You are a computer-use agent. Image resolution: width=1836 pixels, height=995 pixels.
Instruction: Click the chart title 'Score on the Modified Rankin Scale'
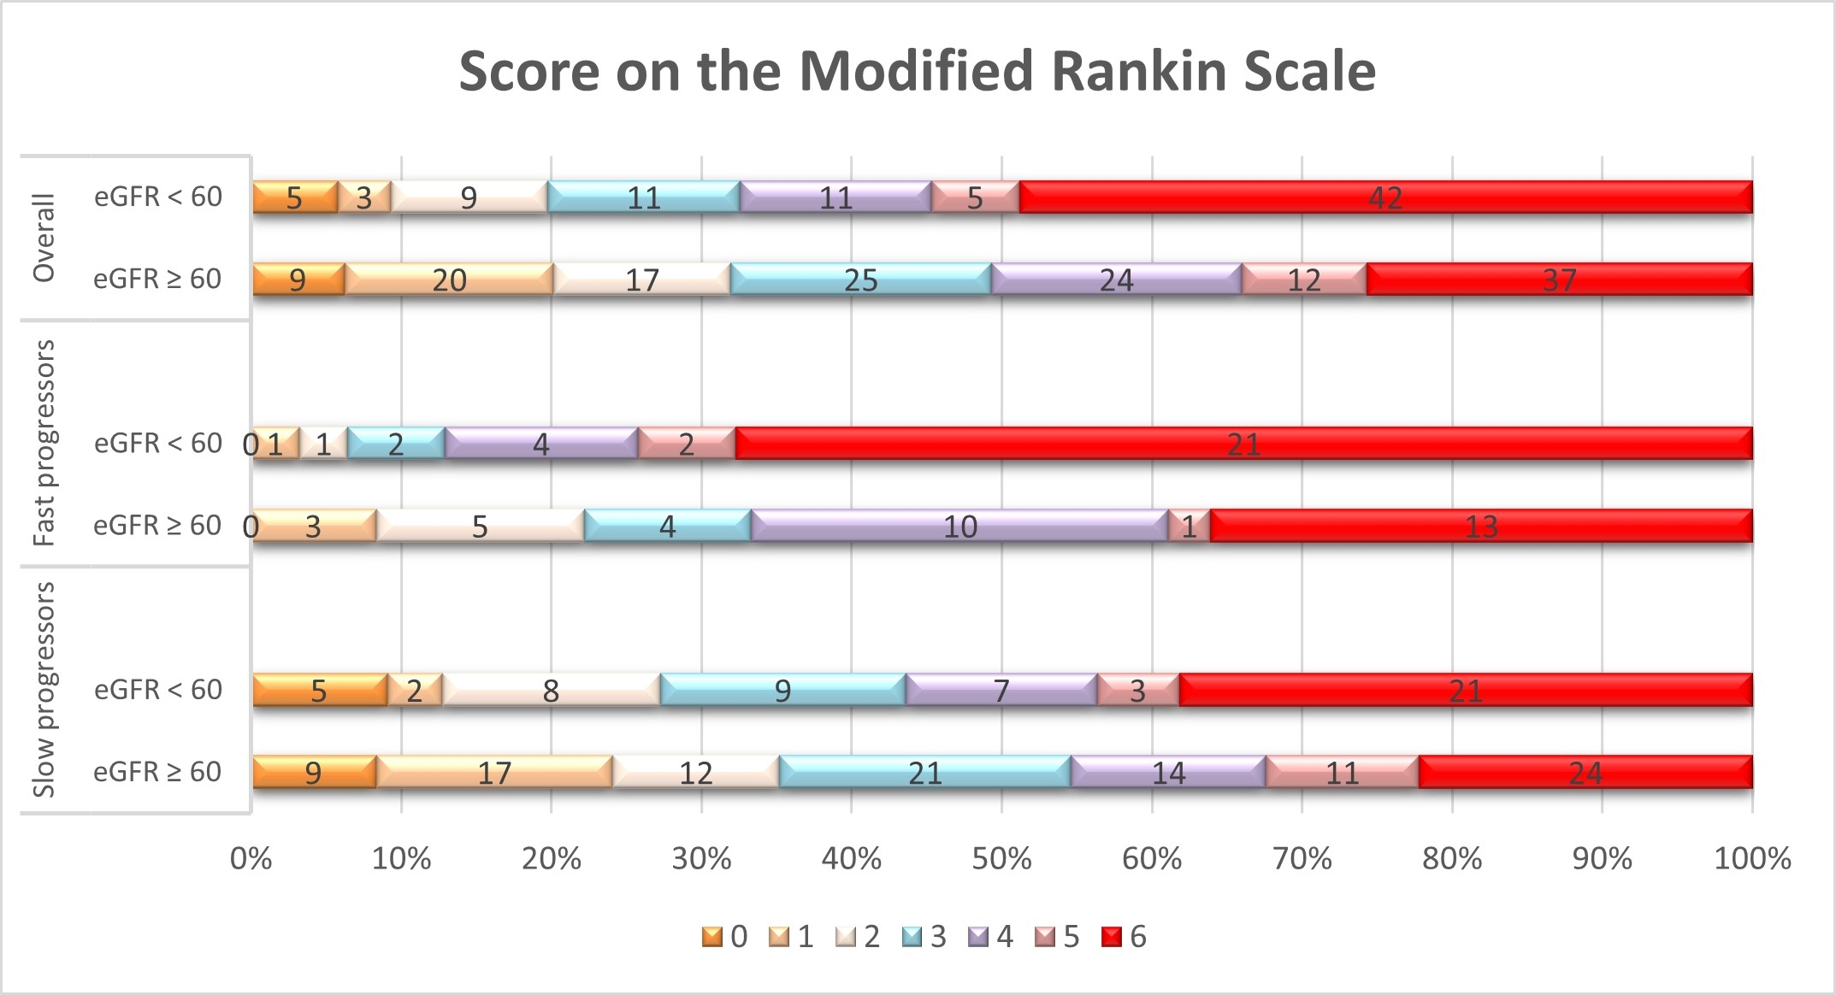(917, 71)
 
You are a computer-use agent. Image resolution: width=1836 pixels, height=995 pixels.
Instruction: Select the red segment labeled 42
(1385, 197)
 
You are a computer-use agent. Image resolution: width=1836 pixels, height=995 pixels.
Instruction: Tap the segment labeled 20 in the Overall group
(449, 280)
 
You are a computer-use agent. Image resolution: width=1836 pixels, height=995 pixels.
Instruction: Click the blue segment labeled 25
(860, 280)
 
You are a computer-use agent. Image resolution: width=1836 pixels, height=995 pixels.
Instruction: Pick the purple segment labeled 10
(959, 526)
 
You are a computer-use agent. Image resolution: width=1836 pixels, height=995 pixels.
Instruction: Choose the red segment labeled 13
(1481, 526)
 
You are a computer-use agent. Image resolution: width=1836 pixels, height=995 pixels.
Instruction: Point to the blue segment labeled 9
(782, 690)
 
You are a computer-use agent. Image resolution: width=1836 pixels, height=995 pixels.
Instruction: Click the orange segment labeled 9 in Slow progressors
(314, 772)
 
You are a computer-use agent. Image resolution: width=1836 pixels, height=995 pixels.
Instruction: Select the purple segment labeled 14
(1168, 772)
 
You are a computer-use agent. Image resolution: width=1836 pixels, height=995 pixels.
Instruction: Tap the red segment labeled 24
(1585, 772)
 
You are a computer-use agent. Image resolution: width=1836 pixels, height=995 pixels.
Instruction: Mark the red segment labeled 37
(1559, 280)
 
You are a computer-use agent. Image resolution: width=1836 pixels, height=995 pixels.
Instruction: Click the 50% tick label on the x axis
(1001, 858)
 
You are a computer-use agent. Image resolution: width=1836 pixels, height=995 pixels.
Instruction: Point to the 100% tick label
(1752, 858)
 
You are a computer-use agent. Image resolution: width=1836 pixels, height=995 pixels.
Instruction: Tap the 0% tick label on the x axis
(251, 858)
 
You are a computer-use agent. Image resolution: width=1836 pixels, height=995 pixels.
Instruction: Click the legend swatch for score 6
(1111, 937)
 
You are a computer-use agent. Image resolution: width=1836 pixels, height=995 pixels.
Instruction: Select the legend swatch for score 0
(711, 937)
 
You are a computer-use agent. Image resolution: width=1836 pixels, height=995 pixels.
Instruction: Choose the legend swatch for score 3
(912, 937)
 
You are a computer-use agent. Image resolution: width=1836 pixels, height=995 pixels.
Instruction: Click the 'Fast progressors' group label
(44, 443)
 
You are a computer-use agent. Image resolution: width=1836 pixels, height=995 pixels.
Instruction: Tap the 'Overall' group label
(44, 238)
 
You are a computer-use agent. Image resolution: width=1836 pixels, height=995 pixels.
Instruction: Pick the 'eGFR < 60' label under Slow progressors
(158, 690)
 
